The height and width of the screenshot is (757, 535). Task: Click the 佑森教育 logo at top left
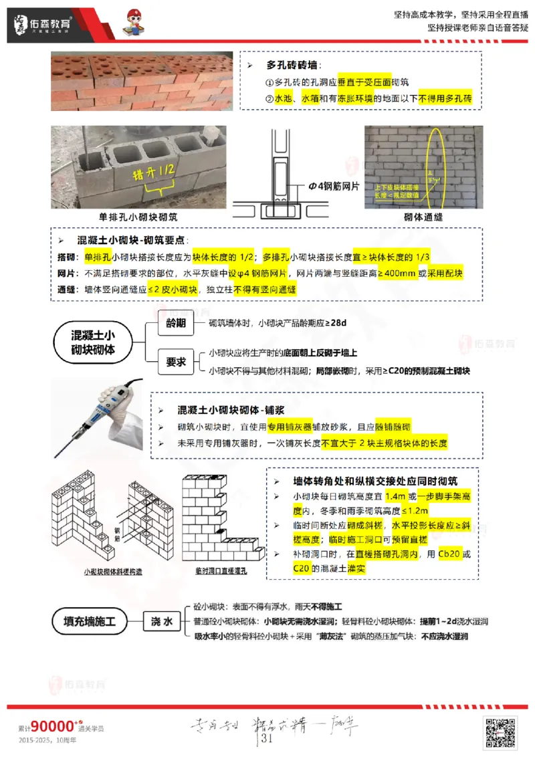pos(43,25)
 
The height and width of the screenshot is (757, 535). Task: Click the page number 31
pos(267,738)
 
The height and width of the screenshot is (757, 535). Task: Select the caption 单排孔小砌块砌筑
pos(138,218)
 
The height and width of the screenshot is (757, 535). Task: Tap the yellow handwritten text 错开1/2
pos(154,173)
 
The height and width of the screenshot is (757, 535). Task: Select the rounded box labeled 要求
pos(176,362)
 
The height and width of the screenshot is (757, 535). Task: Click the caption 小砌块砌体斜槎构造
pos(113,572)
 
